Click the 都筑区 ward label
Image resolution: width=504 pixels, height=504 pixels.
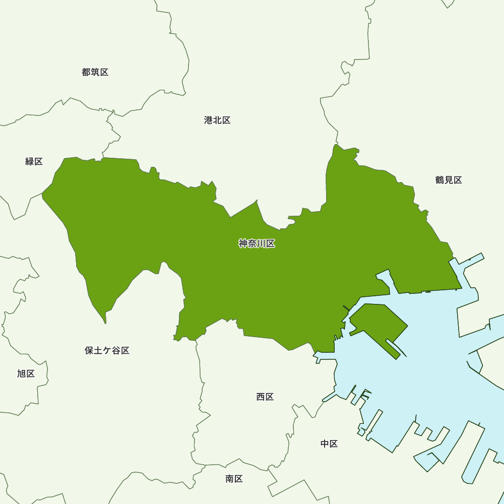[95, 72]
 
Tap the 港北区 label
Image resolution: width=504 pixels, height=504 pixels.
[217, 120]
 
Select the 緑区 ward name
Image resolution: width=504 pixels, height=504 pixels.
[34, 161]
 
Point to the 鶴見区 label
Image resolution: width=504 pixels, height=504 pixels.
[449, 180]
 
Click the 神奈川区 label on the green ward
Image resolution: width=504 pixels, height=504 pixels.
[257, 244]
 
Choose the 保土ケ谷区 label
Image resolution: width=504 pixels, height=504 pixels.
[107, 350]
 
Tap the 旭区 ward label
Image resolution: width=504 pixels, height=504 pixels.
[26, 373]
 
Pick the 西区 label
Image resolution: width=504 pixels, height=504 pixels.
[265, 397]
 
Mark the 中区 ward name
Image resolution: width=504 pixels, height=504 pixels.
[329, 444]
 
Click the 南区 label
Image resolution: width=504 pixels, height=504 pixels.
[234, 479]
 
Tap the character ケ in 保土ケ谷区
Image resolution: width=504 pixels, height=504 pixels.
[107, 350]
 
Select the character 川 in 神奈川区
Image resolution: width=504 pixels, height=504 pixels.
[262, 244]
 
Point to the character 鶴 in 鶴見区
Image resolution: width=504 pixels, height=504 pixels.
[439, 180]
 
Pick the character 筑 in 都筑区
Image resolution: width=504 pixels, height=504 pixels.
[95, 72]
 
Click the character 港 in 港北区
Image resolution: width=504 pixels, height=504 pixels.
[208, 120]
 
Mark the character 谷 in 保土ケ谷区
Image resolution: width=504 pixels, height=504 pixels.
[116, 350]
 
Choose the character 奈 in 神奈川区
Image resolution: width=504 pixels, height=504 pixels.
[253, 244]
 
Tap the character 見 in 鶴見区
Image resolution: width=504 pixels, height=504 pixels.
[449, 180]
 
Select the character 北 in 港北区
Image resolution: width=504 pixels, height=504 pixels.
[217, 120]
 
